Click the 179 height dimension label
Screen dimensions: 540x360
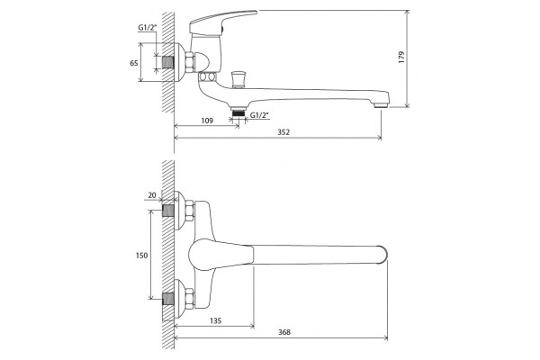tap(401, 57)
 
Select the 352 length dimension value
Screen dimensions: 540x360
tap(283, 132)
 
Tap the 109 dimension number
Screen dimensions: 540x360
tap(207, 121)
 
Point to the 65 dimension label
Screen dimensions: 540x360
tap(133, 63)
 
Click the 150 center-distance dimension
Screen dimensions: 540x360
tap(141, 256)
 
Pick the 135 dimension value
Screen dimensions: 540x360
tap(215, 320)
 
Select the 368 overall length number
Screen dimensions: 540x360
tap(284, 332)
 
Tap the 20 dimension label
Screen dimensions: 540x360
tap(152, 195)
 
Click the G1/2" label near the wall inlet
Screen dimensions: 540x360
tap(147, 28)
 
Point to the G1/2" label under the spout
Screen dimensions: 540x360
tap(258, 115)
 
